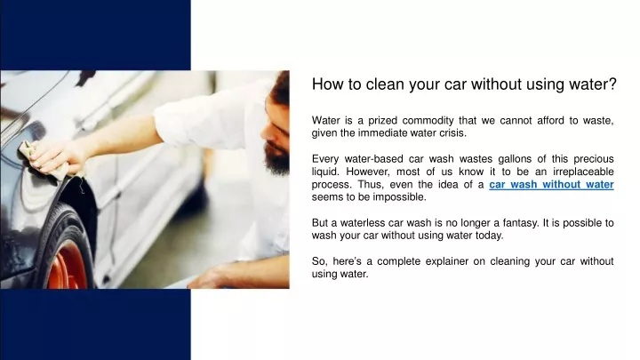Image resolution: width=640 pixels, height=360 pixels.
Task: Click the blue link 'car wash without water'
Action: point(551,185)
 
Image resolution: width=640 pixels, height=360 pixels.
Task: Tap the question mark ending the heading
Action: point(612,84)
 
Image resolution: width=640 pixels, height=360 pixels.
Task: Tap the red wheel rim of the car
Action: point(68,264)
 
